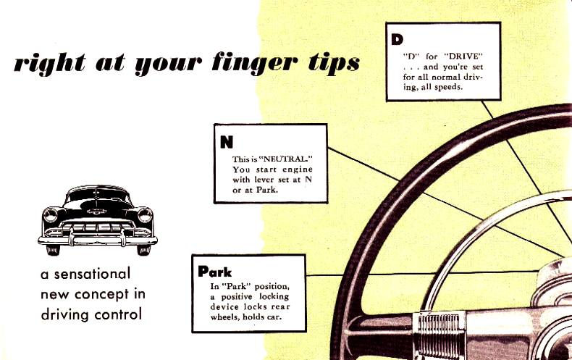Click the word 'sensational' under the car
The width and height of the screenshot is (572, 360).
92,275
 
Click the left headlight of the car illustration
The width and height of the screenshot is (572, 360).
51,215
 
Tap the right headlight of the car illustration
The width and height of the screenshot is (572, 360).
145,215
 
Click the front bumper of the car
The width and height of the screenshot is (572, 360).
98,238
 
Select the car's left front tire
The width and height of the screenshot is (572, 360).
53,249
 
